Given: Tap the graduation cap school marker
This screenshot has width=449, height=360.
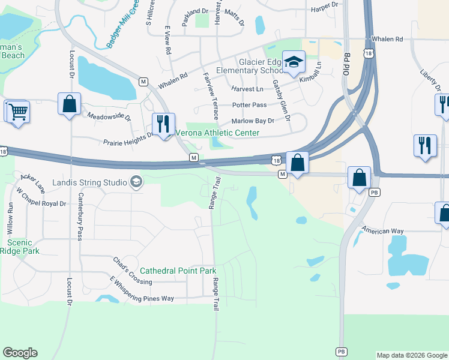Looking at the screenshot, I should pos(294,62).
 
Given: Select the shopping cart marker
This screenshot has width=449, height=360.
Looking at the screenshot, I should pos(18,112).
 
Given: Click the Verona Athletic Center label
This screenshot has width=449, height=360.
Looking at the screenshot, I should pos(217,132).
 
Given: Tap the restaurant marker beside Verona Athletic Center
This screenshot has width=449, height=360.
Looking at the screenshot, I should pos(163,124).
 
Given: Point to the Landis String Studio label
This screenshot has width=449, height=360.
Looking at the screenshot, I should pos(88,182).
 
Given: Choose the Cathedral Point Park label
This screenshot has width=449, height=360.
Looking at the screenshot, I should pos(178,271).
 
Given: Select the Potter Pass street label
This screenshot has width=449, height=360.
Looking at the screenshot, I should pos(249,105).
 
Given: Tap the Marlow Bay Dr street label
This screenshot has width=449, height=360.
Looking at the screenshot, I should pos(253,121).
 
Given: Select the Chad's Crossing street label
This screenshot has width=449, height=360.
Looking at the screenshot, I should pos(133,271).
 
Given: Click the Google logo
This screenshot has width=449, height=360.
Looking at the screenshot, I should pos(20,353).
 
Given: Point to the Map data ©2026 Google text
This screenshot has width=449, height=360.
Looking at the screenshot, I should pos(411,355).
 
